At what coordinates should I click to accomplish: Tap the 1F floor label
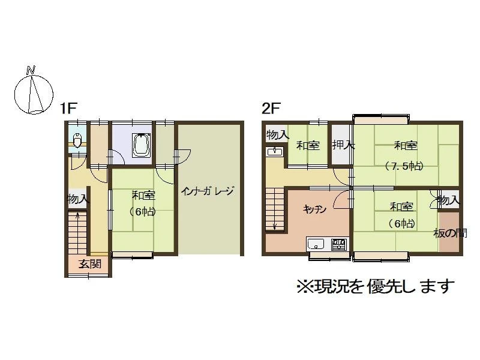68,108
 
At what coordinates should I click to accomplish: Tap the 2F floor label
271,108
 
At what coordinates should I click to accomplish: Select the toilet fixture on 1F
77,140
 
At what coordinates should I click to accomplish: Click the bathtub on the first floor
142,145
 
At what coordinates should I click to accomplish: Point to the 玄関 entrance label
90,264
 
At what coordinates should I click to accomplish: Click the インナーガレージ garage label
207,191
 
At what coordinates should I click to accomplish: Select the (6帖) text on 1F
142,212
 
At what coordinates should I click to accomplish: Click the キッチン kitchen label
314,209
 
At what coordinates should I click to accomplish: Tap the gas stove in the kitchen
340,244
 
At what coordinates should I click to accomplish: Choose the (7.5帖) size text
404,166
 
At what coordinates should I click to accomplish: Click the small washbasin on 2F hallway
275,151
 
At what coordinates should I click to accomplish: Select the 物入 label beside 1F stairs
78,200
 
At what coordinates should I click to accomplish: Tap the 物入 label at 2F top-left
277,134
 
